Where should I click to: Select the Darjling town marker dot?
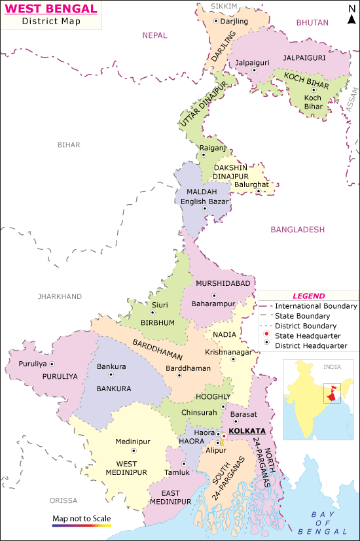click(x=217, y=21)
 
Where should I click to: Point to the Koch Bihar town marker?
click(x=314, y=90)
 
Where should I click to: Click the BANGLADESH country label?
click(x=297, y=230)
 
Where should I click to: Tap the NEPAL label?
click(x=155, y=35)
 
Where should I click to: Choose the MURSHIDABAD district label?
click(x=223, y=283)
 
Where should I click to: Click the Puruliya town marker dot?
click(x=52, y=364)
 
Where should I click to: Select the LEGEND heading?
click(x=308, y=296)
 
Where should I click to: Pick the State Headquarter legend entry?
click(x=308, y=336)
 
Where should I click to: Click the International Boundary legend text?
click(x=315, y=306)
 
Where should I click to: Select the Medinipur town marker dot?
click(x=134, y=451)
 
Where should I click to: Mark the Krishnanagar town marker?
click(x=232, y=358)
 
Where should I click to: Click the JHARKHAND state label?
click(x=60, y=296)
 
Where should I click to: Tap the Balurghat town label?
click(x=251, y=184)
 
